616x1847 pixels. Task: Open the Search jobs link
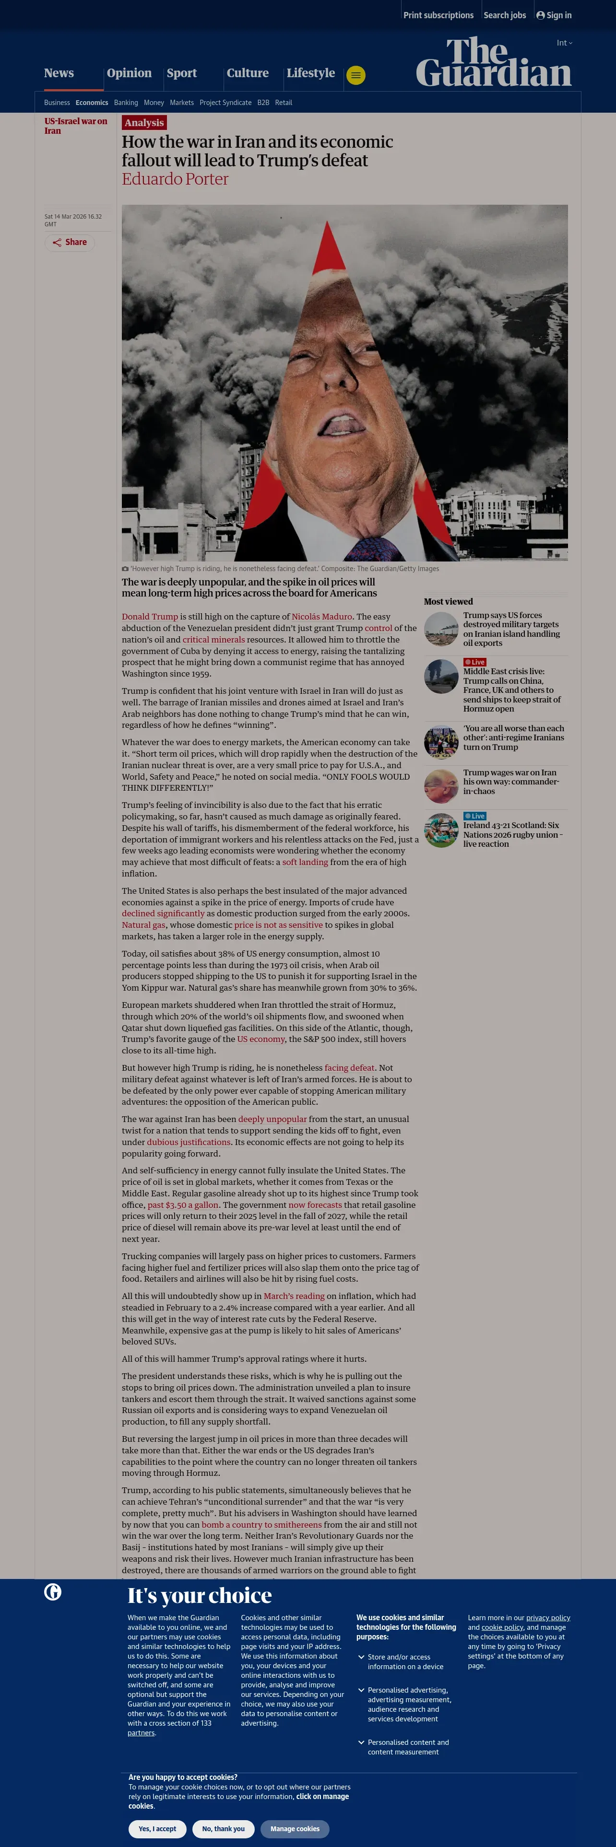[x=504, y=15]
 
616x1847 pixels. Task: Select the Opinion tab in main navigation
[x=129, y=73]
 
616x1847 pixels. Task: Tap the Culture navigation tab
[x=248, y=73]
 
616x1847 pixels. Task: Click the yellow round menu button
[x=355, y=75]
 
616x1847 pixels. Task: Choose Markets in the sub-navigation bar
[x=181, y=103]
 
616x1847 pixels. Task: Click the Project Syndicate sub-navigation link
[x=225, y=103]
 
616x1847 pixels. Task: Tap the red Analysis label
[x=144, y=123]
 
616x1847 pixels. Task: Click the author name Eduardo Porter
[x=175, y=179]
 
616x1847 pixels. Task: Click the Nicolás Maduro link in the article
[x=321, y=617]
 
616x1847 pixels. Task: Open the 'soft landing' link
[x=305, y=862]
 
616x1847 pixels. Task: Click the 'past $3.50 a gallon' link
[x=183, y=1205]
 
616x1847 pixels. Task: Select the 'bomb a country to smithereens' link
[x=262, y=1524]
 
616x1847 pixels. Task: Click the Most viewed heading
[x=448, y=602]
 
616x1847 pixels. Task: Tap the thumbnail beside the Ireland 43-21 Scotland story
[x=441, y=830]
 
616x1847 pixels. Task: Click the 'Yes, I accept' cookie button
[x=157, y=1828]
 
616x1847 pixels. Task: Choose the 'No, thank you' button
[x=223, y=1828]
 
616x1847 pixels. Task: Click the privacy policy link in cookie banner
[x=548, y=1617]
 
